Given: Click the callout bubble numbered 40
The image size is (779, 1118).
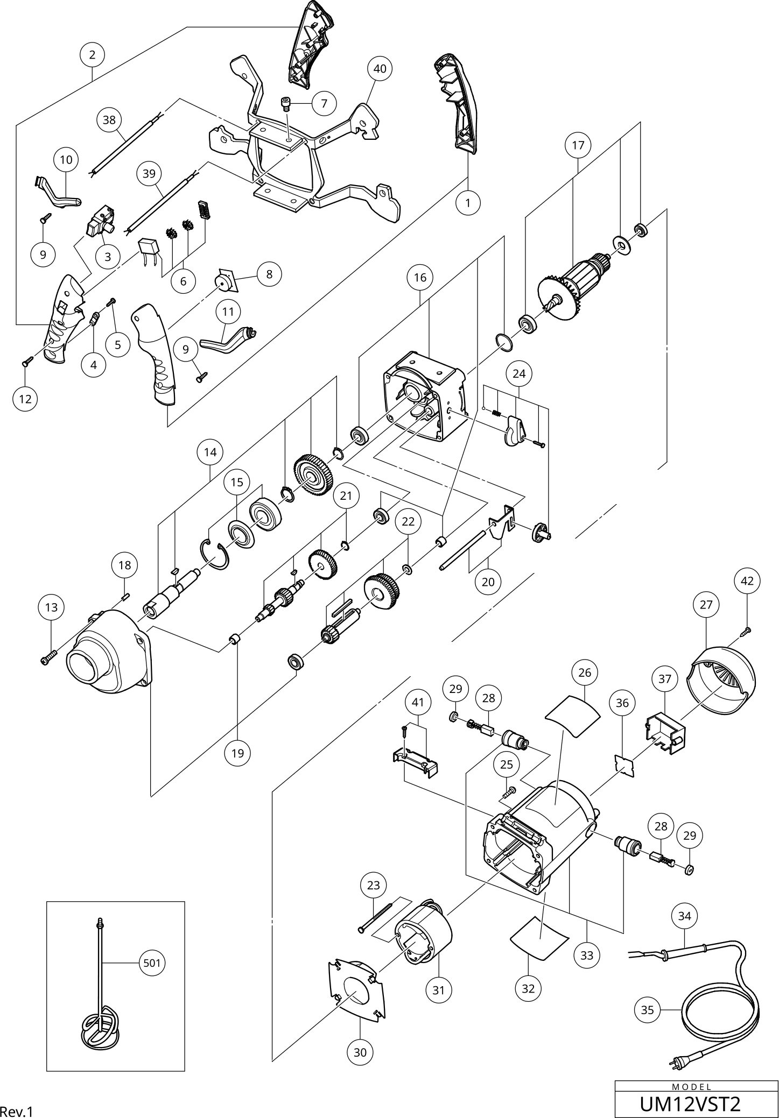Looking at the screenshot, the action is (x=380, y=69).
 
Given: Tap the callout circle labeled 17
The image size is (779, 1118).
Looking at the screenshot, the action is (x=578, y=145).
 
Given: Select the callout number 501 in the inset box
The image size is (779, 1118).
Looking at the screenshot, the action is (x=152, y=963).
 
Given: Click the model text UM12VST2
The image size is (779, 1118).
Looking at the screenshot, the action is (x=690, y=1104).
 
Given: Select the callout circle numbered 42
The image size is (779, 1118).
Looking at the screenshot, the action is (x=747, y=581).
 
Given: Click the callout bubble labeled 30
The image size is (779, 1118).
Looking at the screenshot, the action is (x=360, y=1052).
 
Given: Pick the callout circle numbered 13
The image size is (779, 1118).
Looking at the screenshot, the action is (x=51, y=607).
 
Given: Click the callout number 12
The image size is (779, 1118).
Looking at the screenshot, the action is (x=25, y=399).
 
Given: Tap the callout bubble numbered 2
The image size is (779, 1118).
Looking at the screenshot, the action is (x=93, y=54).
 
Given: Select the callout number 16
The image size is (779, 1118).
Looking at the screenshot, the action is (x=420, y=278).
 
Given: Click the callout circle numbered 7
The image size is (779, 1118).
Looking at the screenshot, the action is (x=324, y=103).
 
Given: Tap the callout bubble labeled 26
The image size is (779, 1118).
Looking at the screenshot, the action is (x=585, y=672).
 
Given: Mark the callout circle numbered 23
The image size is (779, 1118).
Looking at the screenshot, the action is (x=373, y=885).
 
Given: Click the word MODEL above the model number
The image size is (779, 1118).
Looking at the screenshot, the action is (x=692, y=1087).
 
